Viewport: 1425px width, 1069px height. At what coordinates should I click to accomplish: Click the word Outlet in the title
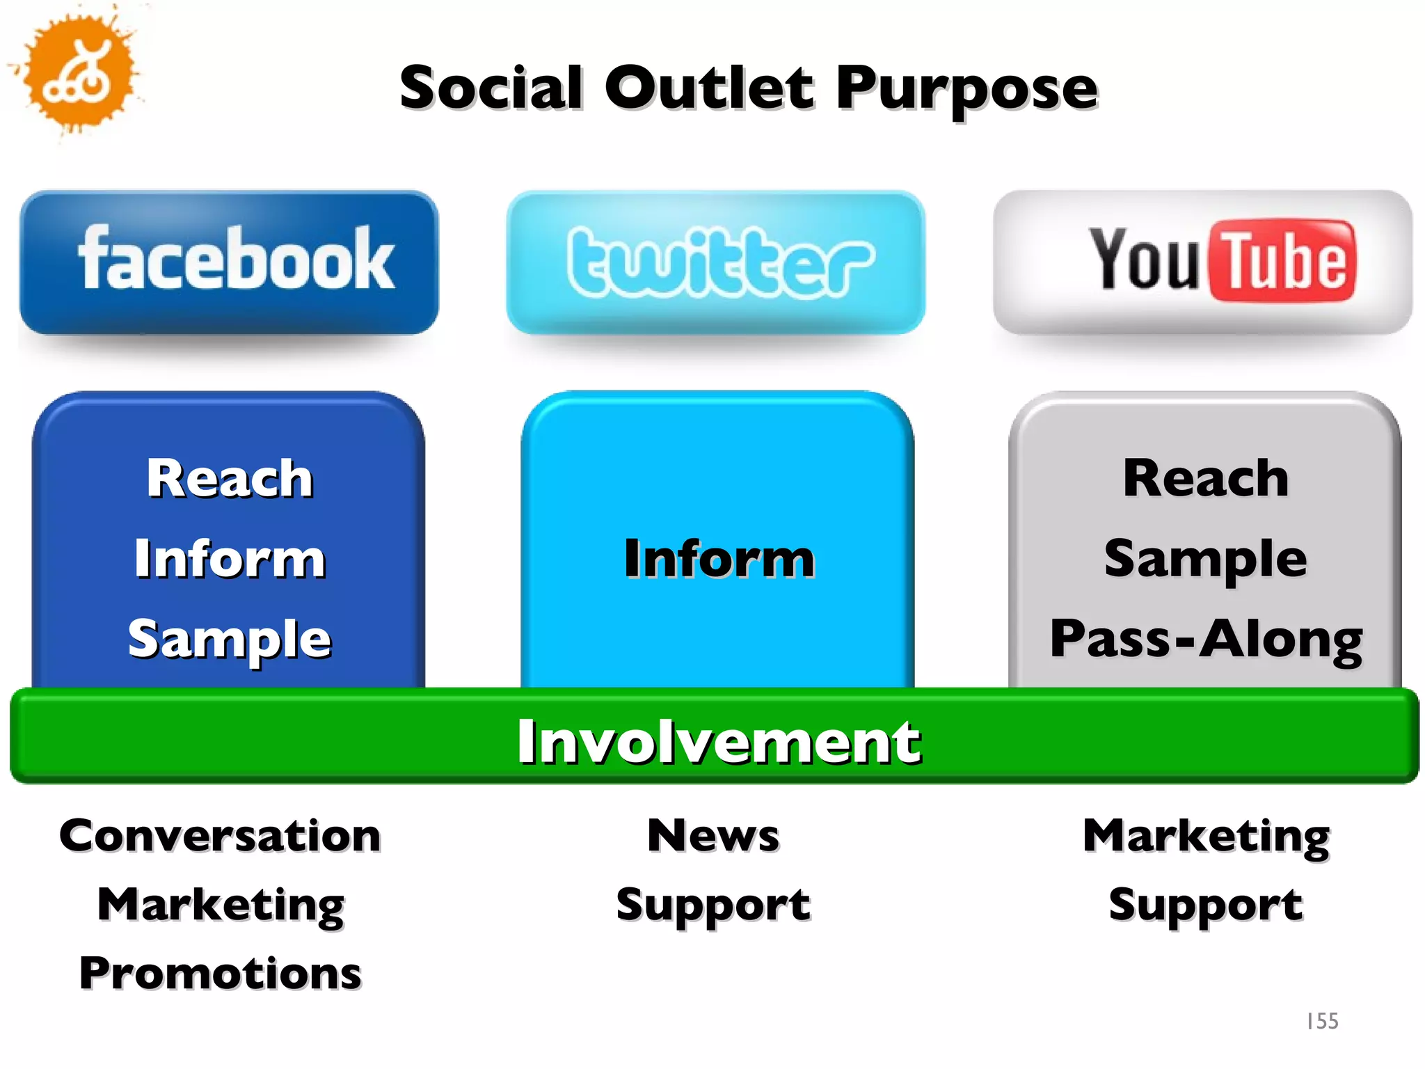click(x=709, y=88)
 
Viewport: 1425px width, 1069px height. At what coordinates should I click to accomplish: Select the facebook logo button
click(x=230, y=262)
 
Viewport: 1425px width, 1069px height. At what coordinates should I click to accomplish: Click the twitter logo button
click(x=716, y=262)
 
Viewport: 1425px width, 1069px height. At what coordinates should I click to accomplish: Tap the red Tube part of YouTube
click(x=1283, y=261)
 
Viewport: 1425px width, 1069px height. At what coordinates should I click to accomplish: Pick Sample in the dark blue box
click(x=230, y=639)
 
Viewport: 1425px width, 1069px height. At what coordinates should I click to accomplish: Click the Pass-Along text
click(x=1206, y=639)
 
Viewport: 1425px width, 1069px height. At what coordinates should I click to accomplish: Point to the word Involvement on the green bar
click(x=719, y=742)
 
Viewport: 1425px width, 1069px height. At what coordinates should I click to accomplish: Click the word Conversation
click(x=220, y=835)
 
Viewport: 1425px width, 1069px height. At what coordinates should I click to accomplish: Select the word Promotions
click(x=220, y=973)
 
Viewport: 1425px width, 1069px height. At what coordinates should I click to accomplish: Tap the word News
click(x=713, y=835)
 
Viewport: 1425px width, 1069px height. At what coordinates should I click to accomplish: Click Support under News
click(x=713, y=905)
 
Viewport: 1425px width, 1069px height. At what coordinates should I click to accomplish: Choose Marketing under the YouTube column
click(x=1206, y=837)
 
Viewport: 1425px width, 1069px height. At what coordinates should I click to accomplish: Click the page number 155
click(x=1322, y=1021)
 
